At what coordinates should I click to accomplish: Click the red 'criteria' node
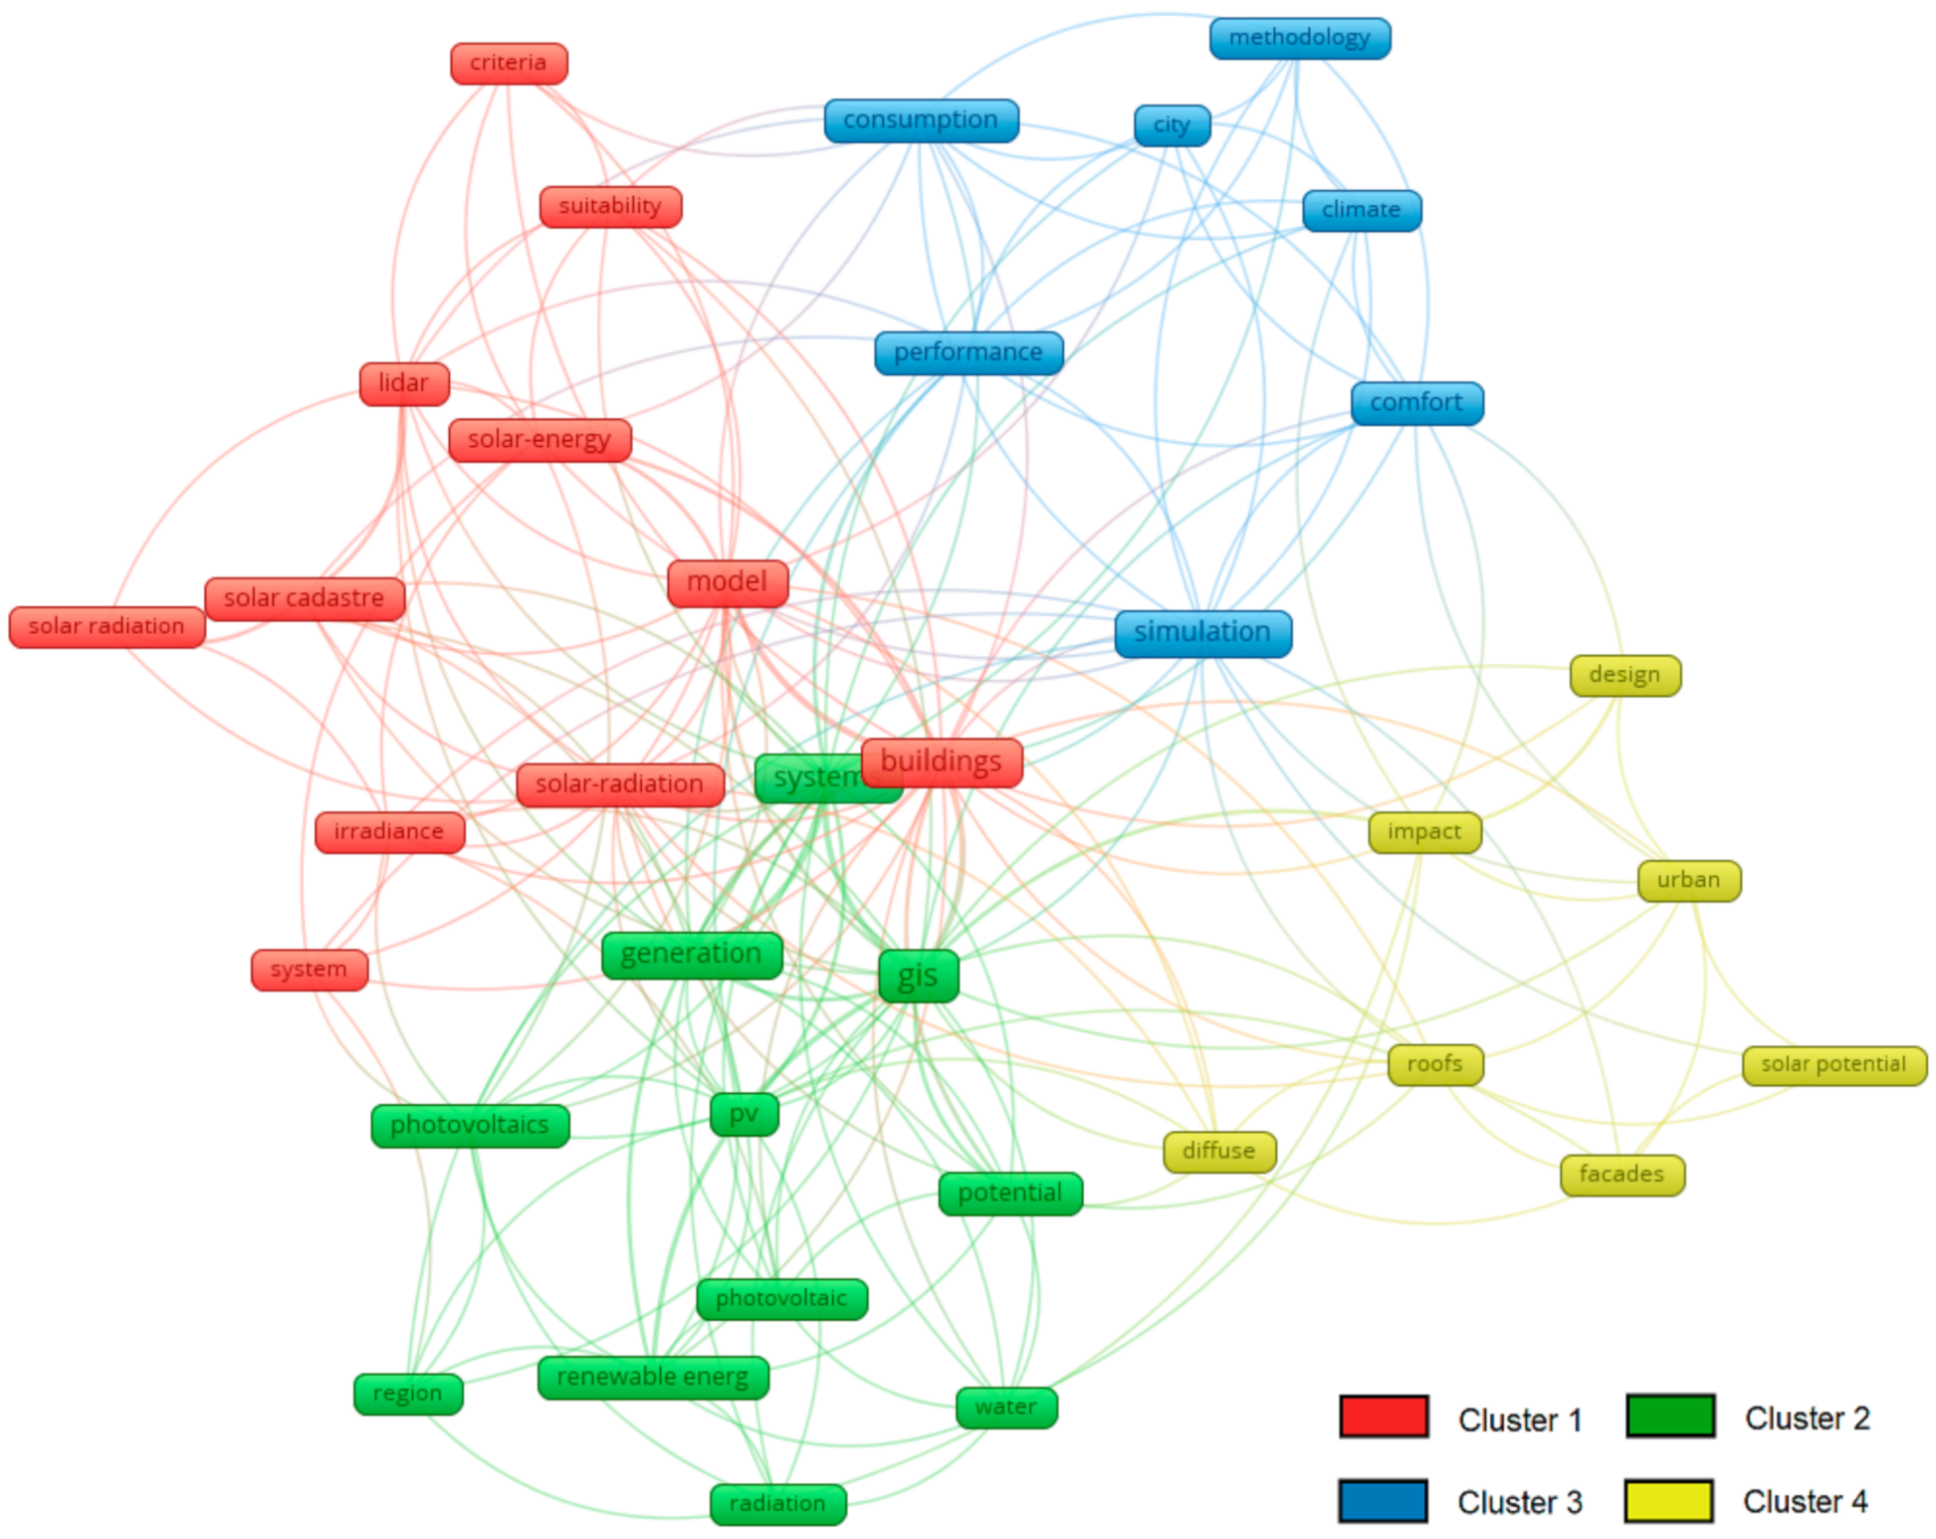[x=509, y=64]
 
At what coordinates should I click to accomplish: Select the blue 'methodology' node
[x=1299, y=39]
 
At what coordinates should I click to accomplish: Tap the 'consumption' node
[x=921, y=120]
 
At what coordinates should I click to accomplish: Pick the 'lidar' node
[x=404, y=383]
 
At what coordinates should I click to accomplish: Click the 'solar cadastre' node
[x=305, y=598]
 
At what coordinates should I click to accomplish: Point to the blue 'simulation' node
[x=1202, y=633]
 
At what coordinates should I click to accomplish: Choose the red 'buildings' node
[x=942, y=763]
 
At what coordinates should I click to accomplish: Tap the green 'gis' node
[x=918, y=976]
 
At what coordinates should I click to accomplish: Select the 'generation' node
[x=692, y=955]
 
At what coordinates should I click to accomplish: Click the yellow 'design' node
[x=1624, y=675]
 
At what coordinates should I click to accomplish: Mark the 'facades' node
[x=1621, y=1175]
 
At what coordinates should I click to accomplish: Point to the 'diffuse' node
[x=1219, y=1152]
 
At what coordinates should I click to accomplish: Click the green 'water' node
[x=1006, y=1408]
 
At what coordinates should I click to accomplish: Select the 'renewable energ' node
[x=653, y=1378]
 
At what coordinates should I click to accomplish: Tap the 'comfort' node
[x=1416, y=403]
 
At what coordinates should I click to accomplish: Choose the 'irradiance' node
[x=389, y=832]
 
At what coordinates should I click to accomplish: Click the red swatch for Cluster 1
[x=1384, y=1417]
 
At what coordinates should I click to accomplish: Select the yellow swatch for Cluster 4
[x=1668, y=1501]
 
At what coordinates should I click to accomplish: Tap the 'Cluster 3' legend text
[x=1519, y=1502]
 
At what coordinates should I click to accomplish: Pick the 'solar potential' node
[x=1833, y=1065]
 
